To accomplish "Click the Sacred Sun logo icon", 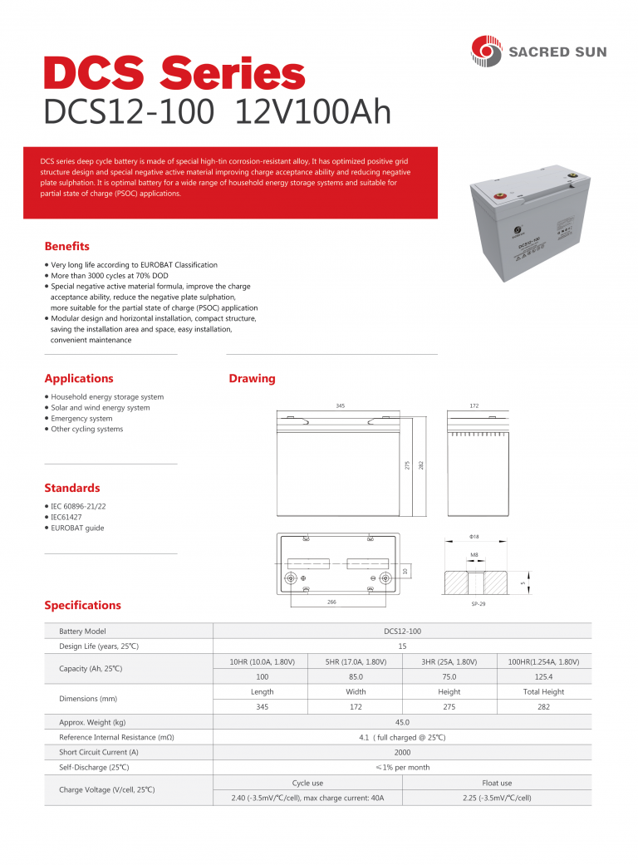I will [x=486, y=52].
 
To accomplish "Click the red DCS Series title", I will [x=174, y=75].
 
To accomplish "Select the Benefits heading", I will [x=66, y=247].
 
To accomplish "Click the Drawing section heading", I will [x=252, y=379].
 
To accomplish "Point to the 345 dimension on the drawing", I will [x=340, y=405].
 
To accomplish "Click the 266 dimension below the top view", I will [x=331, y=601].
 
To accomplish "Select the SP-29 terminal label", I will [x=478, y=604].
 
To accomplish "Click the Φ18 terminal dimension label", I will [x=474, y=537].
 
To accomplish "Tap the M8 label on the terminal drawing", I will [x=474, y=554].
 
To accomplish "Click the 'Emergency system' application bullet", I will [x=81, y=419].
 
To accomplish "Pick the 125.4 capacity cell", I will [x=543, y=677].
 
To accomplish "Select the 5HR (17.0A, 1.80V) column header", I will [x=356, y=661].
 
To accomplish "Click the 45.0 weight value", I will [x=402, y=722].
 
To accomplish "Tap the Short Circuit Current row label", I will [x=99, y=752].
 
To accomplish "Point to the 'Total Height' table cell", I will [x=543, y=691].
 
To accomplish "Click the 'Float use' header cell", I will [x=497, y=783].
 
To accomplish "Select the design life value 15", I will [x=402, y=646].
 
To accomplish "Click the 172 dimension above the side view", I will [x=474, y=405].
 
